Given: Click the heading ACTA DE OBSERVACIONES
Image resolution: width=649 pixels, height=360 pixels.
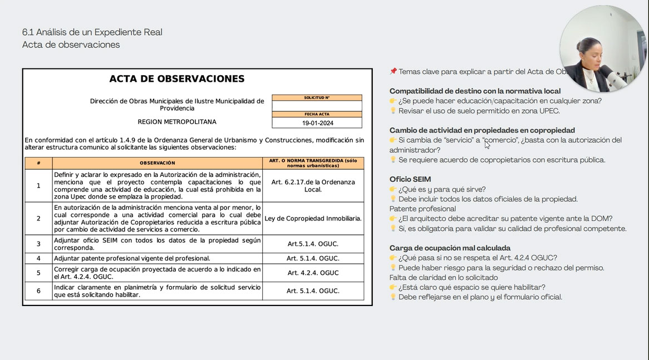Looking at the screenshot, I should coord(177,79).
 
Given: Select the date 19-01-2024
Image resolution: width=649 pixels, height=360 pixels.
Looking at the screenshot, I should coord(317,123).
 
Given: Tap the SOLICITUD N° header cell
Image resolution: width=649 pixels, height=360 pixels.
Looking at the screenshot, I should coord(317,98).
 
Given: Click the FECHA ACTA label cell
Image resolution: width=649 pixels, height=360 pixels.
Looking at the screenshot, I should coord(317,114).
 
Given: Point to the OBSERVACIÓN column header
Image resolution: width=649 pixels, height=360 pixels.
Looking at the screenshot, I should coord(158,163).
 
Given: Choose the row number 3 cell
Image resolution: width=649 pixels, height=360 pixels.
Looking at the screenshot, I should coord(38,244).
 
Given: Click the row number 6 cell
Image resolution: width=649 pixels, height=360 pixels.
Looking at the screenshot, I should coord(38,291).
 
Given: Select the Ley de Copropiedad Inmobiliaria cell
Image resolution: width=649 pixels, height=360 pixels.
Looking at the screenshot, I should coord(313,219).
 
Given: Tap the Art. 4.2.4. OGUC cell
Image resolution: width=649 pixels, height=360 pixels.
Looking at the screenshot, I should coord(313,273).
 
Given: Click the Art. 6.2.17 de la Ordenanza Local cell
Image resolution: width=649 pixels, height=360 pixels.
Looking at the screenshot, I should coord(313,186).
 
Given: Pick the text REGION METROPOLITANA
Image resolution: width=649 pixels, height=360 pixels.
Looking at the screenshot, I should coord(177,122).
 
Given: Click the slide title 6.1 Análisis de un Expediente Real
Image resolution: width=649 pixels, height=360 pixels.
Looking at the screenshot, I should coord(92,32).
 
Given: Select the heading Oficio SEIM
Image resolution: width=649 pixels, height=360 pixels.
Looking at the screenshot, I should coord(410,179).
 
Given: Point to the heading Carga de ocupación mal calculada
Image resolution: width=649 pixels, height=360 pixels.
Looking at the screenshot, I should coord(450,248).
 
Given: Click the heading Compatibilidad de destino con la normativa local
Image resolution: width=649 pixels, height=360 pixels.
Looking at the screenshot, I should coord(475,91).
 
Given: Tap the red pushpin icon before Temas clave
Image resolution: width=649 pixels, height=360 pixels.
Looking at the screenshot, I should coord(394,71).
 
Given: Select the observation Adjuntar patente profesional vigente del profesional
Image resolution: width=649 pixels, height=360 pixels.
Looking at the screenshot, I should coord(132,258).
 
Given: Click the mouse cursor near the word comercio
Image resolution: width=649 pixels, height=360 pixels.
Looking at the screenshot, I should coord(487,145).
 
